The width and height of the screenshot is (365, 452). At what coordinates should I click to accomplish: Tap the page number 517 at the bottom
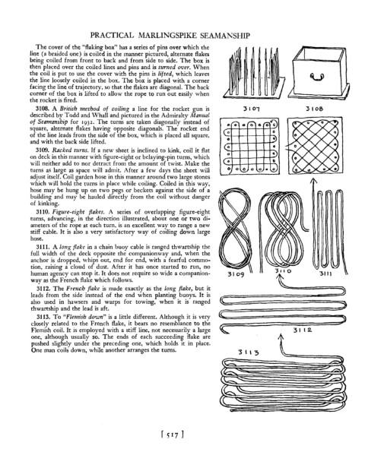[173, 435]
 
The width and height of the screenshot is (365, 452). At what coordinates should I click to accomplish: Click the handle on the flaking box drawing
[317, 77]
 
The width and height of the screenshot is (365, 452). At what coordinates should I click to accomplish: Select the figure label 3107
[251, 109]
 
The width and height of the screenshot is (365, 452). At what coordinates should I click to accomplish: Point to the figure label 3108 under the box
[315, 109]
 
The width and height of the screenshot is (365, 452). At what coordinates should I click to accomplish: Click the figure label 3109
[236, 273]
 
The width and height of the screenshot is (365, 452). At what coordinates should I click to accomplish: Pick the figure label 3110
[283, 271]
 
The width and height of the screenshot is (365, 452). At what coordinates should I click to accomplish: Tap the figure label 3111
[326, 273]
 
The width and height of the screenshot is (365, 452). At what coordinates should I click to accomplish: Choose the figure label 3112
[303, 330]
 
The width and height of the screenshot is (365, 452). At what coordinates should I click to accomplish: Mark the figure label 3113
[248, 352]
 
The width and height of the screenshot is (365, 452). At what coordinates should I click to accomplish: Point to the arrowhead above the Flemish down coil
[281, 337]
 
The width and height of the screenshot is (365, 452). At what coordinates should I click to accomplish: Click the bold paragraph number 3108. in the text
[43, 109]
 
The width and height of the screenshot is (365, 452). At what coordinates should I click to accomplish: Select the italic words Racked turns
[71, 150]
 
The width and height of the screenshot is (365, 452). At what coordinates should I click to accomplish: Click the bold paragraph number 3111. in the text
[43, 247]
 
